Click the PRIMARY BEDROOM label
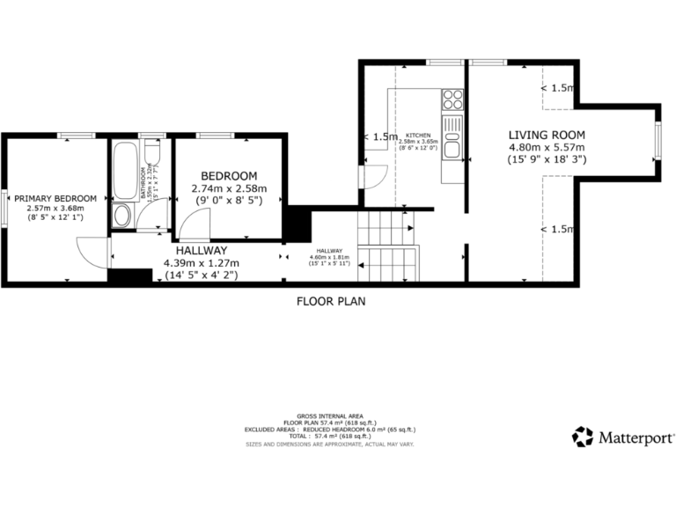pyautogui.click(x=55, y=199)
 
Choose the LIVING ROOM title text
pyautogui.click(x=547, y=135)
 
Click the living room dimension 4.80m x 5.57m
pyautogui.click(x=547, y=147)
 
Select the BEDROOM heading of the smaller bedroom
pyautogui.click(x=229, y=176)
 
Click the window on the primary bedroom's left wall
pyautogui.click(x=4, y=209)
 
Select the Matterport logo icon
pyautogui.click(x=583, y=437)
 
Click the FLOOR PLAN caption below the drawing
pyautogui.click(x=330, y=301)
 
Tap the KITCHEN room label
pyautogui.click(x=417, y=136)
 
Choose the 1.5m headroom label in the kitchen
pyautogui.click(x=380, y=137)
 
